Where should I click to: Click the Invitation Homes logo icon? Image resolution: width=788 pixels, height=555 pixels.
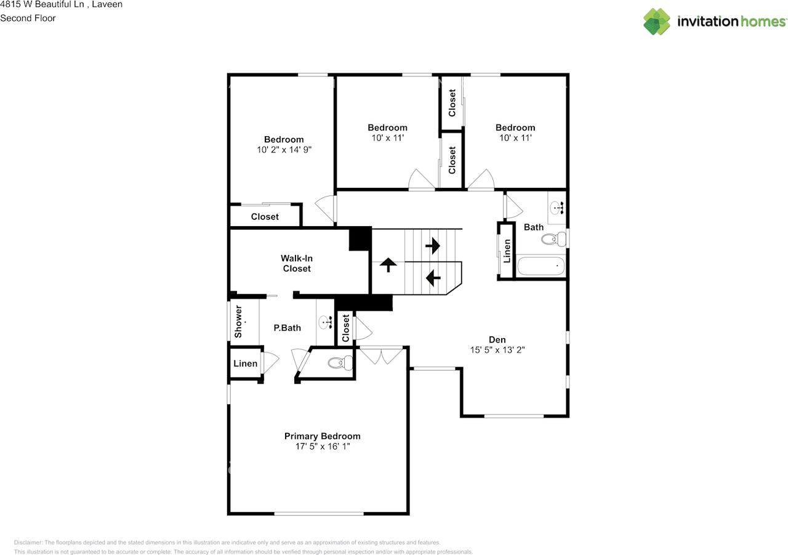pos(657,22)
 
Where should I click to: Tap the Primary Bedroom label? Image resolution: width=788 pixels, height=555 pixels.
pos(322,436)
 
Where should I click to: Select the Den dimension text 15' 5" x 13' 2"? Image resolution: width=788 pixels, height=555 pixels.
pos(497,349)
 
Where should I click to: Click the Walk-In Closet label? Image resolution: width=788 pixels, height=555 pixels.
pos(297,264)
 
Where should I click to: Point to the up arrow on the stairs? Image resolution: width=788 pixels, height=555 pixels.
pos(388,265)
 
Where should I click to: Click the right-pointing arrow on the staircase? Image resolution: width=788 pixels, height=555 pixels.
pos(433,246)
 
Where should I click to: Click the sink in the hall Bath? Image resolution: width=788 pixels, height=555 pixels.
pos(558,208)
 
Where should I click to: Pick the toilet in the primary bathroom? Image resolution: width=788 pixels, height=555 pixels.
pos(337,363)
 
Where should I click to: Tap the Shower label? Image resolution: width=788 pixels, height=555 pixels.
pos(238,321)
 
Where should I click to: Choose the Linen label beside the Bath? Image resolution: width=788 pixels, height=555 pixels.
pos(507,251)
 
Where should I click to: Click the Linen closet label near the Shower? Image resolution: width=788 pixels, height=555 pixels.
pos(245,363)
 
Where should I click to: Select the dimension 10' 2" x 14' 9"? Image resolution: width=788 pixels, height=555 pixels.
pos(284,150)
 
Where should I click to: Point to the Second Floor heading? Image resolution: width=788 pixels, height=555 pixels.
pos(28,18)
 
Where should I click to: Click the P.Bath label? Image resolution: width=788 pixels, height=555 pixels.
pos(287,328)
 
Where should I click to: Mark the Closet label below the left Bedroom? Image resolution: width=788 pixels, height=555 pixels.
pos(265,217)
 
